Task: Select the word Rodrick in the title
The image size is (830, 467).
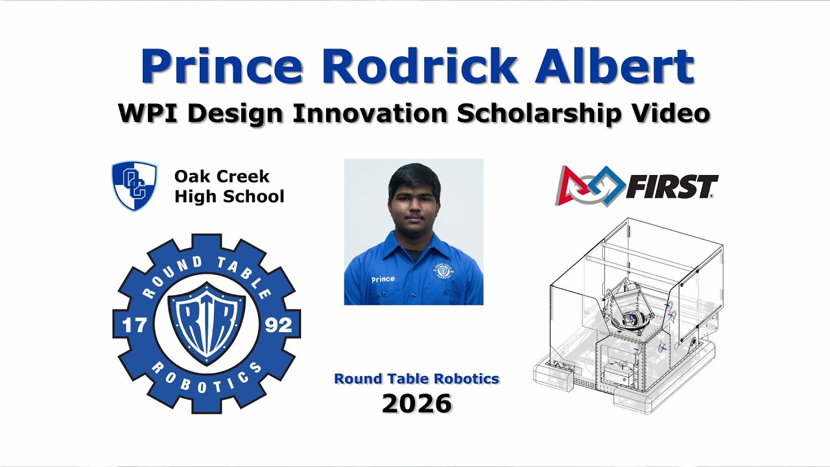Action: click(419, 67)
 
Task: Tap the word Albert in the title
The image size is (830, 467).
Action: click(614, 67)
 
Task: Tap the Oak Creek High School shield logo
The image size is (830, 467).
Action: click(134, 186)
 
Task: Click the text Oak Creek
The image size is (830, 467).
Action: click(222, 176)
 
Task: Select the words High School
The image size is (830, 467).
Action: click(229, 196)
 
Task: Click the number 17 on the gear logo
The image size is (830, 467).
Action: click(134, 324)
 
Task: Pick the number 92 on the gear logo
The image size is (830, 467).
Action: click(279, 324)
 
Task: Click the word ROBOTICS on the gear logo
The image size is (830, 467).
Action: click(207, 382)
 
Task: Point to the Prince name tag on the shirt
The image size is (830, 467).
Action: click(383, 279)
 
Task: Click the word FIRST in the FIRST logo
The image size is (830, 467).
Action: click(672, 187)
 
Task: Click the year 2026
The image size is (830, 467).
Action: click(416, 403)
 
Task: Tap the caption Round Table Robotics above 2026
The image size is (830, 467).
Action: click(416, 379)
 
